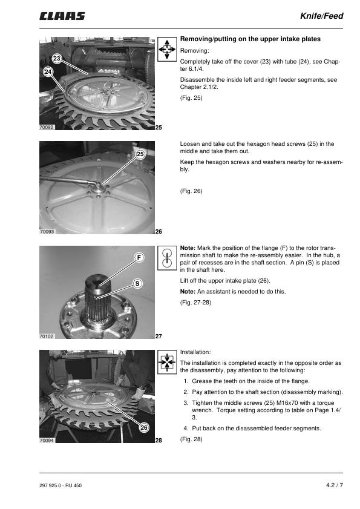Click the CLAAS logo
pos(62,16)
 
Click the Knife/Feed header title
pos(321,16)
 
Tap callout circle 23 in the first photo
pos(57,59)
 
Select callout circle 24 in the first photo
pos(48,71)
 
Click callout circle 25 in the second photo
pos(140,154)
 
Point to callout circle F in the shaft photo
pos(139,258)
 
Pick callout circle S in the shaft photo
pos(137,284)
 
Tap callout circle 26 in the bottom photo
pos(144,427)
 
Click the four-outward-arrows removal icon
pos(167,50)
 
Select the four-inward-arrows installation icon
pos(167,362)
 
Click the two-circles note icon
pos(167,258)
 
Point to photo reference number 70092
pos(47,128)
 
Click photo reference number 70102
pos(47,337)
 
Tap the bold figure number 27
pos(159,337)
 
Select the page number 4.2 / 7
pos(335,485)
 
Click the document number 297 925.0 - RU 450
pos(61,485)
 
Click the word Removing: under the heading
pos(195,51)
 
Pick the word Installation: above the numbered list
pos(195,352)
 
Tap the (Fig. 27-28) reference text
pos(196,303)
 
